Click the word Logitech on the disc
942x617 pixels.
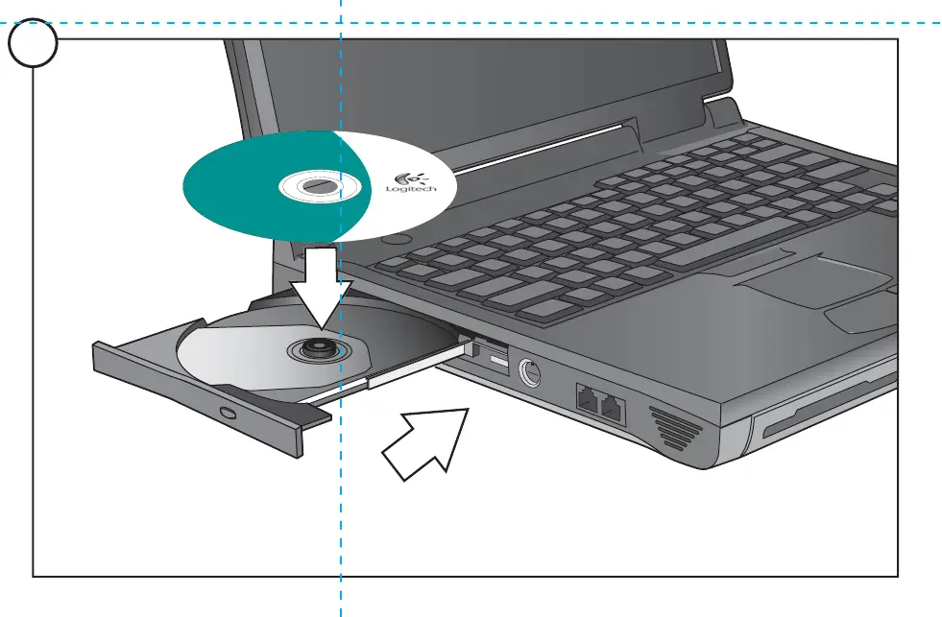pyautogui.click(x=412, y=189)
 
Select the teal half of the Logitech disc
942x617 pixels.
pyautogui.click(x=240, y=187)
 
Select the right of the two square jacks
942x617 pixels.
pyautogui.click(x=611, y=406)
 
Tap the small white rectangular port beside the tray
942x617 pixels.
pyautogui.click(x=496, y=362)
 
